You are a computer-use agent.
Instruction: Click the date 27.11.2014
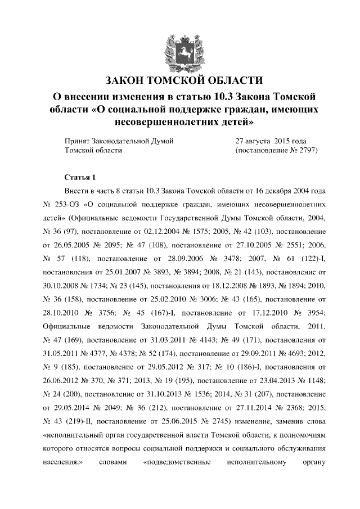pos(240,407)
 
